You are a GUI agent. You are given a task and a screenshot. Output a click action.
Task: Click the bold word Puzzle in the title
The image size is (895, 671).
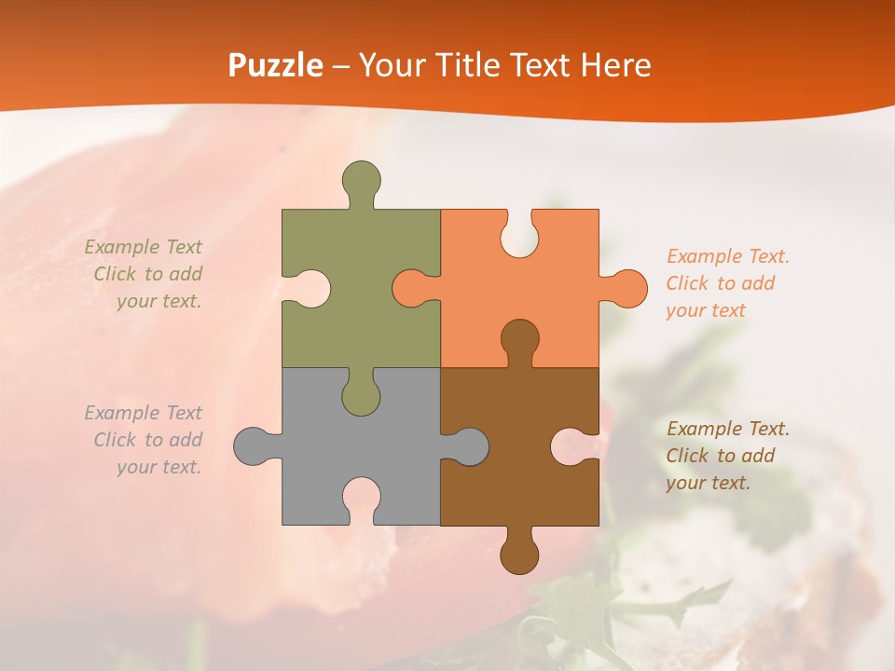click(x=275, y=65)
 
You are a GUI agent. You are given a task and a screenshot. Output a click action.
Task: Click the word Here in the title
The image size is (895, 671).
click(x=615, y=65)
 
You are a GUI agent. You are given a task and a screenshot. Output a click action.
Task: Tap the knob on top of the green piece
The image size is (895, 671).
click(x=362, y=179)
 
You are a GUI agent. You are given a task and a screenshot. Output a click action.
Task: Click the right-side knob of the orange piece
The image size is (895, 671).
click(x=626, y=288)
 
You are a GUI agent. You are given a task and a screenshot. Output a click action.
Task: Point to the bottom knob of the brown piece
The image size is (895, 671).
click(x=519, y=554)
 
